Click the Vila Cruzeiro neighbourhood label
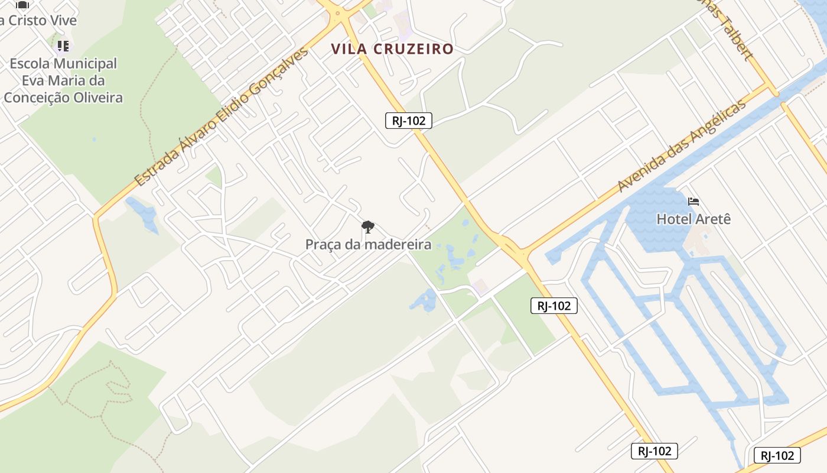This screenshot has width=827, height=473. (x=392, y=49)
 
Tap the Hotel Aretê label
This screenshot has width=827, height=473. (x=693, y=219)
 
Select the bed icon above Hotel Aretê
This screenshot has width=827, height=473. (x=693, y=202)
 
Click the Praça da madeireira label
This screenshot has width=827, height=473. (x=368, y=244)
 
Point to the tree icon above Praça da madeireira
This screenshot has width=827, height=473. (x=367, y=226)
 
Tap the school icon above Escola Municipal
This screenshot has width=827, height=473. (x=63, y=46)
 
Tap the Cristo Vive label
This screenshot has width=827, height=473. (x=38, y=20)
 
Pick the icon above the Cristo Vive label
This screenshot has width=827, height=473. (x=22, y=5)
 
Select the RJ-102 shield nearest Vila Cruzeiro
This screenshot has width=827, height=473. (x=408, y=121)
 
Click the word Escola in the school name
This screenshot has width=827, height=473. (x=32, y=63)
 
